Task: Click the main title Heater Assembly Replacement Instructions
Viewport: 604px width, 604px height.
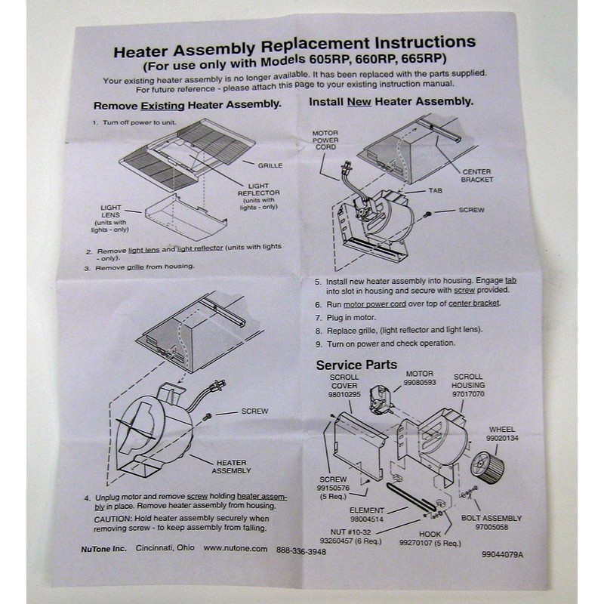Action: (x=294, y=46)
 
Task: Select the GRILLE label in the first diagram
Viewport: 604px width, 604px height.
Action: (x=270, y=164)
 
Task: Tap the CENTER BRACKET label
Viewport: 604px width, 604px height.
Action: (x=477, y=176)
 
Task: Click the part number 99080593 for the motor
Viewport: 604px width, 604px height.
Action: (x=421, y=383)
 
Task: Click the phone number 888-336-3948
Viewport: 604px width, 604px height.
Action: (x=301, y=550)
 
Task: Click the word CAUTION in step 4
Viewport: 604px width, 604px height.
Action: (x=113, y=519)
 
